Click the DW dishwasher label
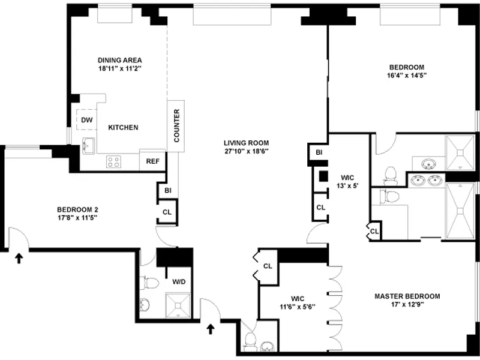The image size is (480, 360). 87,119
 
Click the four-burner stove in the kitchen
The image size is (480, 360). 114,161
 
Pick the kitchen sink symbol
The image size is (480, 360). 88,145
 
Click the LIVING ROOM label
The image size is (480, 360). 246,143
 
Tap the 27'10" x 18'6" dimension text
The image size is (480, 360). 246,151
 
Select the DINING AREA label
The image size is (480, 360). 119,60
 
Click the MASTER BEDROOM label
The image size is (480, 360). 407,296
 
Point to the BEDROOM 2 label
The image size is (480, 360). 77,209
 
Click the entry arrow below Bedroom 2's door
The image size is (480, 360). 19,258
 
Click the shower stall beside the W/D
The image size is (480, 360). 179,305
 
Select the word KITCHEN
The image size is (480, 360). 123,128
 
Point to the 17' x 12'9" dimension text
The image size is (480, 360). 407,305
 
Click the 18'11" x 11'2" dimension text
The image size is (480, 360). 119,68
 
